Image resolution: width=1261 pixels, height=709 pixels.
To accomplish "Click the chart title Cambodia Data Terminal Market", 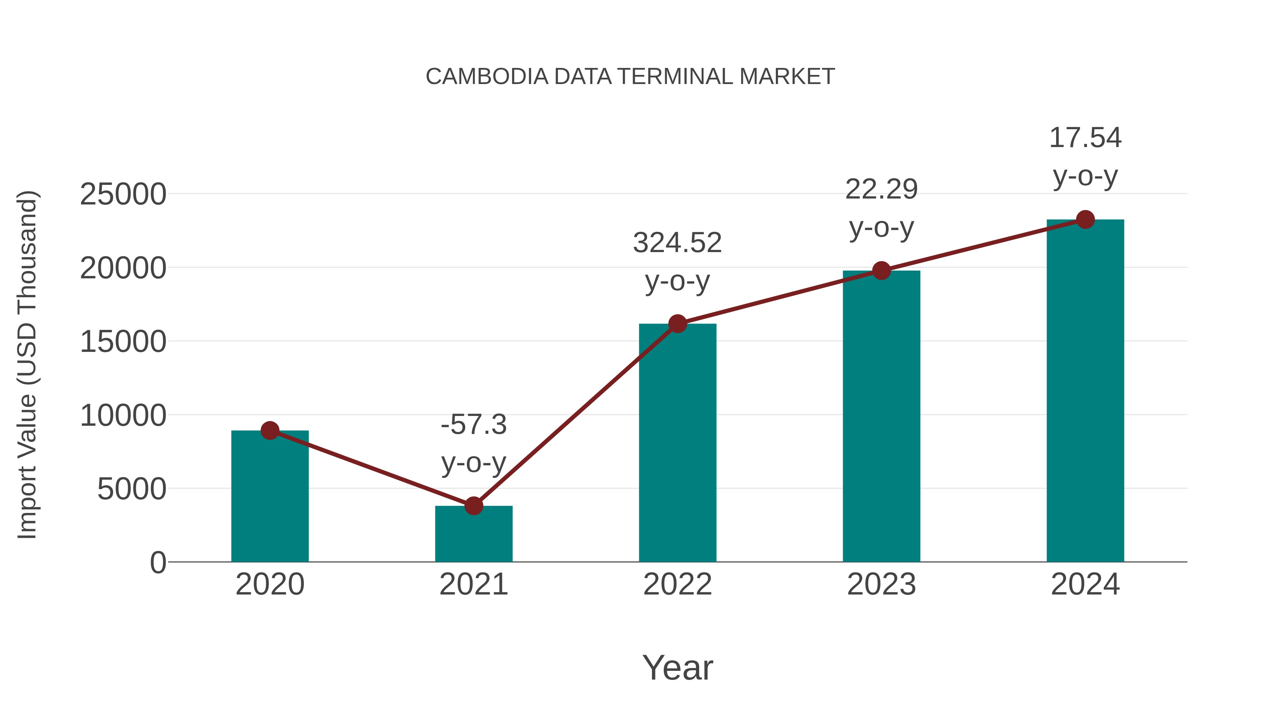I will pyautogui.click(x=630, y=77).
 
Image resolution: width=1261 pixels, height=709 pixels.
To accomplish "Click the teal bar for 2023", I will pyautogui.click(x=881, y=416).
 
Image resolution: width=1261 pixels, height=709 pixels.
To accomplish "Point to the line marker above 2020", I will pyautogui.click(x=270, y=431).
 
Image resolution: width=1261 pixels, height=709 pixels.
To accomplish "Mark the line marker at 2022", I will pyautogui.click(x=677, y=324).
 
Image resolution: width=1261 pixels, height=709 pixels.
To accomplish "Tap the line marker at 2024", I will pyautogui.click(x=1085, y=220).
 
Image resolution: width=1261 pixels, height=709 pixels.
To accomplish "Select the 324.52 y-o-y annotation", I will pyautogui.click(x=677, y=262).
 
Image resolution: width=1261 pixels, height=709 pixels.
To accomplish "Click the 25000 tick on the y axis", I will pyautogui.click(x=123, y=194).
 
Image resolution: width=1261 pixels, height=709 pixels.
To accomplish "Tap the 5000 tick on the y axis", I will pyautogui.click(x=132, y=489).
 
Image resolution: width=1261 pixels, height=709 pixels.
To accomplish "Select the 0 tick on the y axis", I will pyautogui.click(x=158, y=562).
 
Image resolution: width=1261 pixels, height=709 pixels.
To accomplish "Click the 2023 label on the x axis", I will pyautogui.click(x=881, y=584).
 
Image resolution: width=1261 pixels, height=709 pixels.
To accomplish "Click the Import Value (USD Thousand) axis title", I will pyautogui.click(x=27, y=364).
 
